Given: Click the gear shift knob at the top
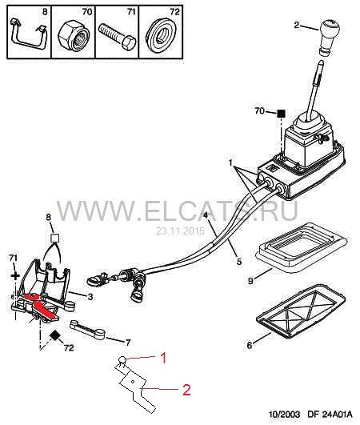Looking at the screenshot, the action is pyautogui.click(x=329, y=36).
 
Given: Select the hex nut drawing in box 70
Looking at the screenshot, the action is pyautogui.click(x=74, y=36).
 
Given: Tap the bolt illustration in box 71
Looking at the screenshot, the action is pyautogui.click(x=117, y=36).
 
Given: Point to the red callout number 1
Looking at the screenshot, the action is pyautogui.click(x=162, y=359).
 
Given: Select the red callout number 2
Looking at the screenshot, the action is pyautogui.click(x=186, y=390).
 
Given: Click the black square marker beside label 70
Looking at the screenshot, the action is pyautogui.click(x=282, y=113).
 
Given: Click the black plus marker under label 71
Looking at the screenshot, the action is pyautogui.click(x=15, y=276).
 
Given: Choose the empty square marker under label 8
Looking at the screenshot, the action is pyautogui.click(x=55, y=238).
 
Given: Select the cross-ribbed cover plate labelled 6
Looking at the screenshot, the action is pyautogui.click(x=301, y=311).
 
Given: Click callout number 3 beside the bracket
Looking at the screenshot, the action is pyautogui.click(x=90, y=296).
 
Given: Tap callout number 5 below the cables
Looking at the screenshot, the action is pyautogui.click(x=239, y=262).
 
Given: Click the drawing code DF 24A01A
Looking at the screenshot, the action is pyautogui.click(x=330, y=414).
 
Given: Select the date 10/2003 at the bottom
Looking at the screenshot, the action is pyautogui.click(x=285, y=414).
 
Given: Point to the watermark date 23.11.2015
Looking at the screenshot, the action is pyautogui.click(x=180, y=231).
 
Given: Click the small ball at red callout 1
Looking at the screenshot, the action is pyautogui.click(x=122, y=360).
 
